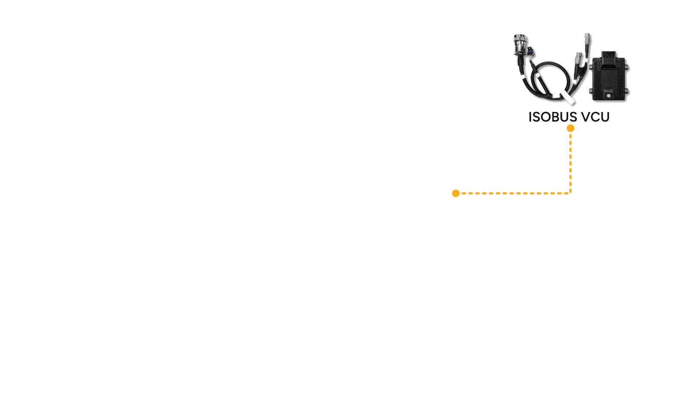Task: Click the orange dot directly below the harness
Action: pos(570,128)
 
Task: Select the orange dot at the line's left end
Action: pos(456,193)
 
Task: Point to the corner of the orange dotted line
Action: pos(571,192)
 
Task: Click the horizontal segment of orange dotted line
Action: pos(513,193)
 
